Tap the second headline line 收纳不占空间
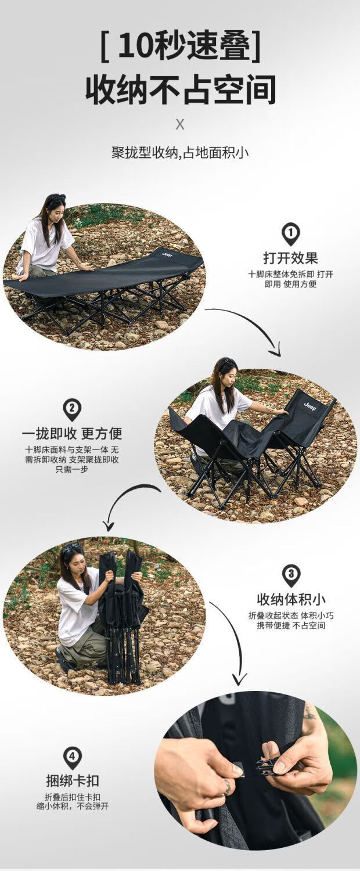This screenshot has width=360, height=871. click(181, 90)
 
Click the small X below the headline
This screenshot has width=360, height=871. click(180, 125)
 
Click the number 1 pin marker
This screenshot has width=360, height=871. click(291, 233)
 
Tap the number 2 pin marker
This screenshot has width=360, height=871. click(72, 409)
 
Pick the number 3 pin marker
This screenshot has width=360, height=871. click(291, 575)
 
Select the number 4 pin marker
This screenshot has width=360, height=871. click(73, 758)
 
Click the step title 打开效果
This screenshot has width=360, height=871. click(291, 258)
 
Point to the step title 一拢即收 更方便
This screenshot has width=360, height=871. click(72, 433)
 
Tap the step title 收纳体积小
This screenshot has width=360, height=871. click(291, 599)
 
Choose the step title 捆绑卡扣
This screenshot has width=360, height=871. click(73, 780)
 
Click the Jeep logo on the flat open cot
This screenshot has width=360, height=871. click(167, 254)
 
